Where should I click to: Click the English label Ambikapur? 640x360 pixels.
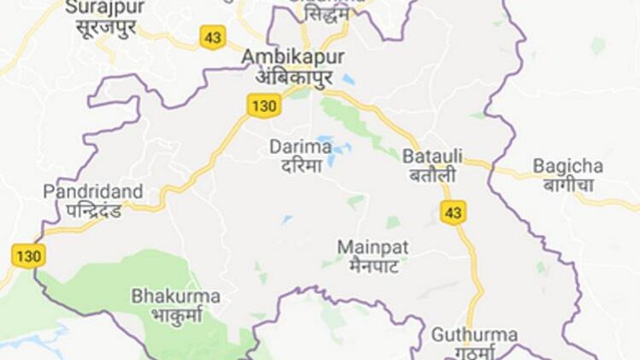coord(293,56)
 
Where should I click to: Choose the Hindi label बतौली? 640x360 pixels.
coord(431,175)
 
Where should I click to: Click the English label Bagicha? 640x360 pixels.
coord(567,165)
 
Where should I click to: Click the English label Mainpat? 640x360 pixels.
coord(373,246)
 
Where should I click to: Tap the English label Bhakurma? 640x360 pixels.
coord(175,296)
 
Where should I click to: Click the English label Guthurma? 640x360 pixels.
coord(462,333)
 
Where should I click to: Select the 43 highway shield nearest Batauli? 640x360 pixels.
coord(453,212)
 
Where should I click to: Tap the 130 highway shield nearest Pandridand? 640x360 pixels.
coord(28,254)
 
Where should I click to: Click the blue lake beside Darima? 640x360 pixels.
coord(327,140)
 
